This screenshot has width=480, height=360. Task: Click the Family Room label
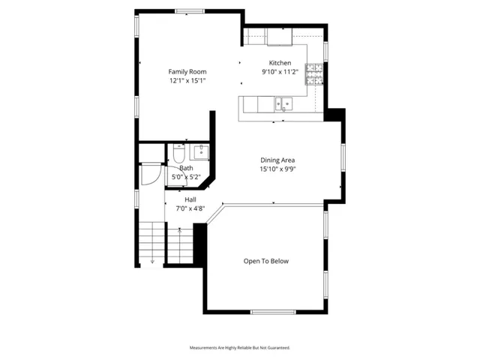(187, 71)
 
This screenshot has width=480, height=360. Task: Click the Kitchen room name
(280, 63)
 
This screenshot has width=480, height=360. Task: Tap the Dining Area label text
(277, 160)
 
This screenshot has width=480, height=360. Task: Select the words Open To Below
(265, 261)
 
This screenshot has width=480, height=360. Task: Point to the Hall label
(190, 199)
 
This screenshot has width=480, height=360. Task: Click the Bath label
(186, 168)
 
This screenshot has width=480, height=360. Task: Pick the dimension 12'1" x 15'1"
(187, 80)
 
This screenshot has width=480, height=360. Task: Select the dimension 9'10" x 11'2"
(280, 72)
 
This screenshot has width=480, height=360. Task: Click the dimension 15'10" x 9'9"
(277, 169)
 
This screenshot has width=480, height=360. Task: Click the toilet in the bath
(178, 154)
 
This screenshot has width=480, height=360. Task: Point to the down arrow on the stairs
(152, 261)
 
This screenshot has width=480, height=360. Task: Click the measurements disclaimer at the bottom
(239, 348)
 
